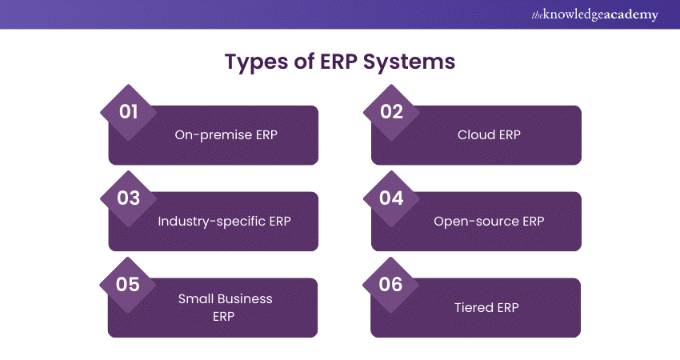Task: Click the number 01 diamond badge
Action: tap(129, 111)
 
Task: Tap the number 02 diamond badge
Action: tap(391, 111)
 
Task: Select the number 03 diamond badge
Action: tap(129, 198)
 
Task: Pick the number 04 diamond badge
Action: tap(391, 198)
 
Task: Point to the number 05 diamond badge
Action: tap(129, 284)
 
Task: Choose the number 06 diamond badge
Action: tap(391, 284)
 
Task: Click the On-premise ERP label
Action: tap(226, 135)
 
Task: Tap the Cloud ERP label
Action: tap(489, 135)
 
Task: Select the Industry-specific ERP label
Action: tap(225, 222)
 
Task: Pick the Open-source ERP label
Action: tap(489, 222)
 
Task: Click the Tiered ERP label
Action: tap(489, 308)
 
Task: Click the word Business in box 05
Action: tap(243, 299)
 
